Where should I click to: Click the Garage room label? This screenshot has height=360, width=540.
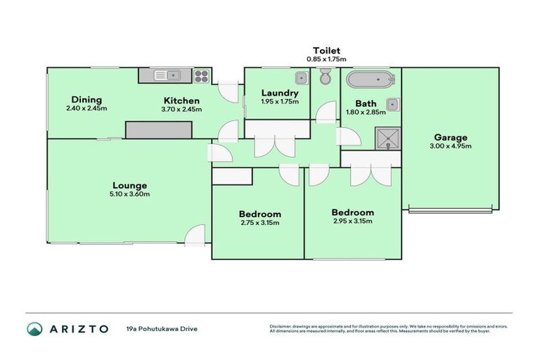[x=451, y=137]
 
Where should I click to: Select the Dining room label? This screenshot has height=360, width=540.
[x=86, y=100]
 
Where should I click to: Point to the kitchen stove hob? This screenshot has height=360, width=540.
[x=201, y=75]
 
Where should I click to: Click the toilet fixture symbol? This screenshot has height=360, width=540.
[x=325, y=75]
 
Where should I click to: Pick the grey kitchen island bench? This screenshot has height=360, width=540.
[x=158, y=129]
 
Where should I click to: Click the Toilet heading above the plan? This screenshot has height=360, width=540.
[x=327, y=51]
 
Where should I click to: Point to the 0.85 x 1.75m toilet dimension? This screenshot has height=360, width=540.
[x=327, y=59]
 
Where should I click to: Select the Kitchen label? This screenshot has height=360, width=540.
[x=182, y=101]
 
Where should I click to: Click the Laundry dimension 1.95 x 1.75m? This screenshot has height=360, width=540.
[x=280, y=102]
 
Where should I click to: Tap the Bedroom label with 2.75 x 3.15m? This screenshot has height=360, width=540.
[x=259, y=214]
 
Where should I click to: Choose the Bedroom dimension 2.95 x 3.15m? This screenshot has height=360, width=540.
[x=352, y=221]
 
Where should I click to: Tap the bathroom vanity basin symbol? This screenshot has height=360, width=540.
[x=393, y=106]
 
